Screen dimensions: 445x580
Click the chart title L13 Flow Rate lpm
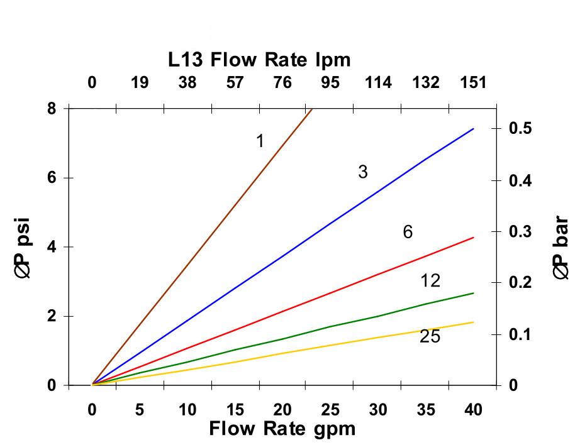click(259, 60)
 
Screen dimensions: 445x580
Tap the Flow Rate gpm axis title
click(282, 429)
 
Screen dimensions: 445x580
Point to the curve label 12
click(430, 281)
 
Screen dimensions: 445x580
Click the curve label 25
click(430, 337)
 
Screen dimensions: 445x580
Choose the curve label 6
click(408, 233)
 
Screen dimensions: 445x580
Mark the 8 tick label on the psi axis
click(52, 108)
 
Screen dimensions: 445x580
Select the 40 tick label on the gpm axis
click(473, 410)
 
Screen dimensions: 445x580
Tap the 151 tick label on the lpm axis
click(473, 82)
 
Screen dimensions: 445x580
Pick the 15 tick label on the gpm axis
click(235, 410)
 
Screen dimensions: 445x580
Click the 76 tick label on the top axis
click(282, 82)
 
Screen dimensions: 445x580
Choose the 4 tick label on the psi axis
click(52, 247)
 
